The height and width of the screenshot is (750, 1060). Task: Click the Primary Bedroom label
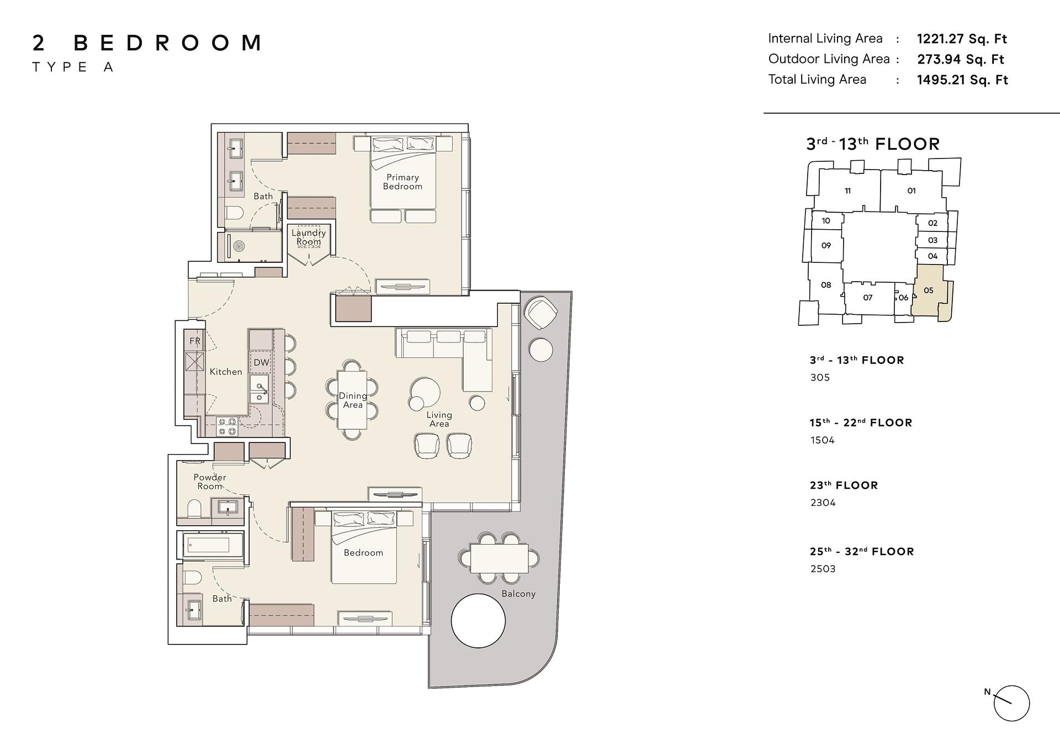click(x=402, y=182)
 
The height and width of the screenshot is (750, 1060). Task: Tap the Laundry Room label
click(x=309, y=237)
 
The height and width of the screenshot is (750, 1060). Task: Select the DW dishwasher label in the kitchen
click(x=261, y=363)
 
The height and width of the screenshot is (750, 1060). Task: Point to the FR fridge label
click(x=195, y=341)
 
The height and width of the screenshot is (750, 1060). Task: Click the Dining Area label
click(x=353, y=400)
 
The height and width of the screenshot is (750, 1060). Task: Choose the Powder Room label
click(x=210, y=482)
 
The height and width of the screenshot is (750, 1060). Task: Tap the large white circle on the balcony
click(x=478, y=621)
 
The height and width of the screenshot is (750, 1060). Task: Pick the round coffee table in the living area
click(x=425, y=393)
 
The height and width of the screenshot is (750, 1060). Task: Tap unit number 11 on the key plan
click(x=847, y=191)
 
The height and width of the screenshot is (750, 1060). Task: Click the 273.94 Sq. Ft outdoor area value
click(x=961, y=60)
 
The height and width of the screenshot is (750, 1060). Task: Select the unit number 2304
click(x=823, y=503)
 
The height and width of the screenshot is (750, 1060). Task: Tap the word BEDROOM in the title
click(x=167, y=43)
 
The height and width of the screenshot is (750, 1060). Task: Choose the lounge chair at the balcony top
click(x=540, y=313)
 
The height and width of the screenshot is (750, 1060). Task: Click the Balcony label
click(x=518, y=594)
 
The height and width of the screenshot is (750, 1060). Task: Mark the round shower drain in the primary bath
click(x=239, y=246)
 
